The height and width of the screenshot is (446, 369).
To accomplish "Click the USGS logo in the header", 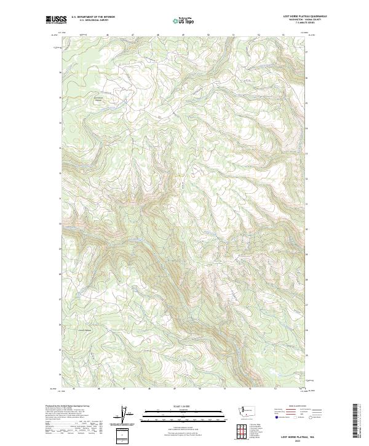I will coord(55,20).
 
